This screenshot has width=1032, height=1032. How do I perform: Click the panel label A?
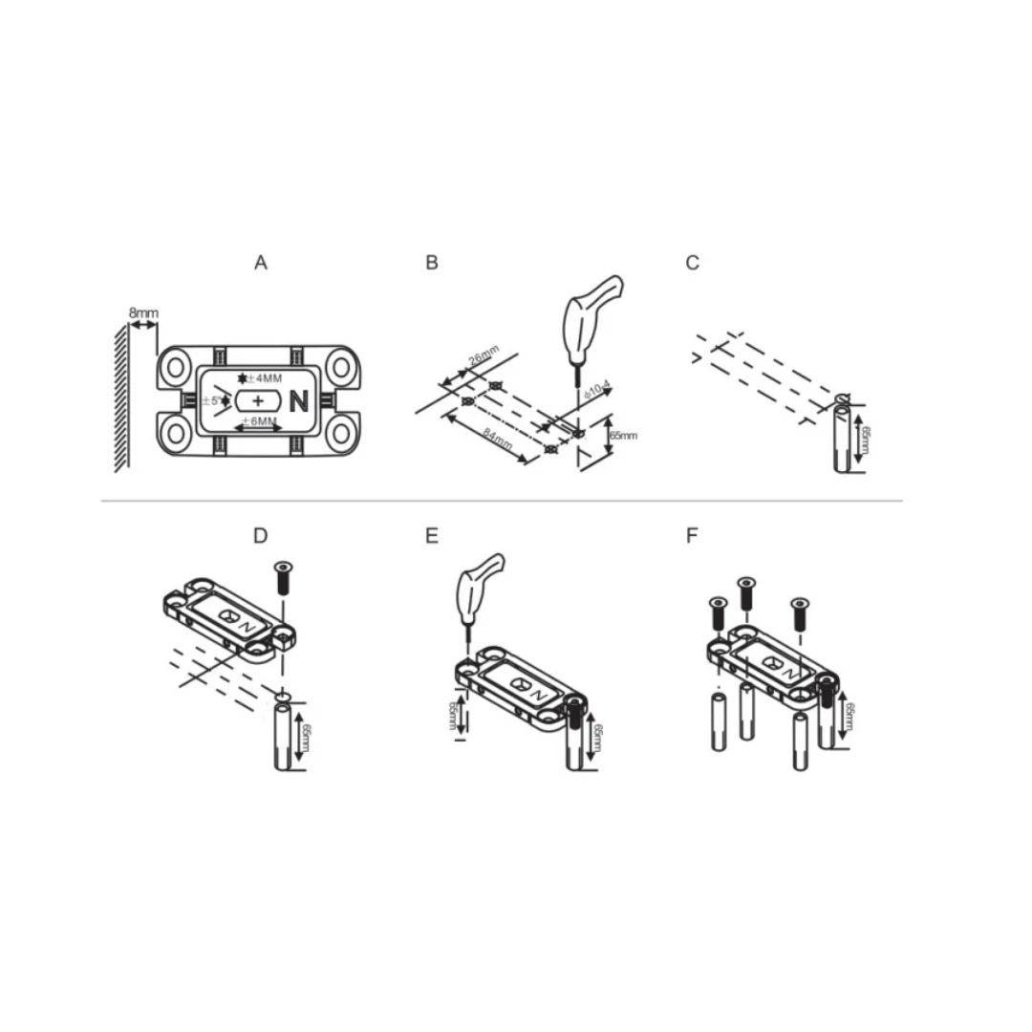[x=261, y=263]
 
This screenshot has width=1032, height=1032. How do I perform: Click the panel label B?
[x=432, y=263]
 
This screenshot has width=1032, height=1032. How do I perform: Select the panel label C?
[x=693, y=263]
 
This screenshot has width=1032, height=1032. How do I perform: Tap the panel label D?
[x=261, y=536]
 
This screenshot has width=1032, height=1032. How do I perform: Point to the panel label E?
[x=432, y=536]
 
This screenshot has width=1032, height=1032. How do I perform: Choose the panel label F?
[x=693, y=536]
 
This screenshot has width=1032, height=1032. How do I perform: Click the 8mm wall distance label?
[x=143, y=312]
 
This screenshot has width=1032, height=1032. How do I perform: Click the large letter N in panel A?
[x=298, y=401]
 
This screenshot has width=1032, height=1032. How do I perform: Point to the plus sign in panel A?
[x=257, y=400]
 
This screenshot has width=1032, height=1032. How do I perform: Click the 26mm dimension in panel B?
[x=484, y=363]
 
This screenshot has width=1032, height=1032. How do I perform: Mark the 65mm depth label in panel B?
[x=622, y=436]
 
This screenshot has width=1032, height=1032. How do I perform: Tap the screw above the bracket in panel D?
[x=284, y=578]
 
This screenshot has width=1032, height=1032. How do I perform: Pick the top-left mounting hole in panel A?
[x=177, y=366]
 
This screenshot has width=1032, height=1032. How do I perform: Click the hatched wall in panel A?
[x=122, y=397]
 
